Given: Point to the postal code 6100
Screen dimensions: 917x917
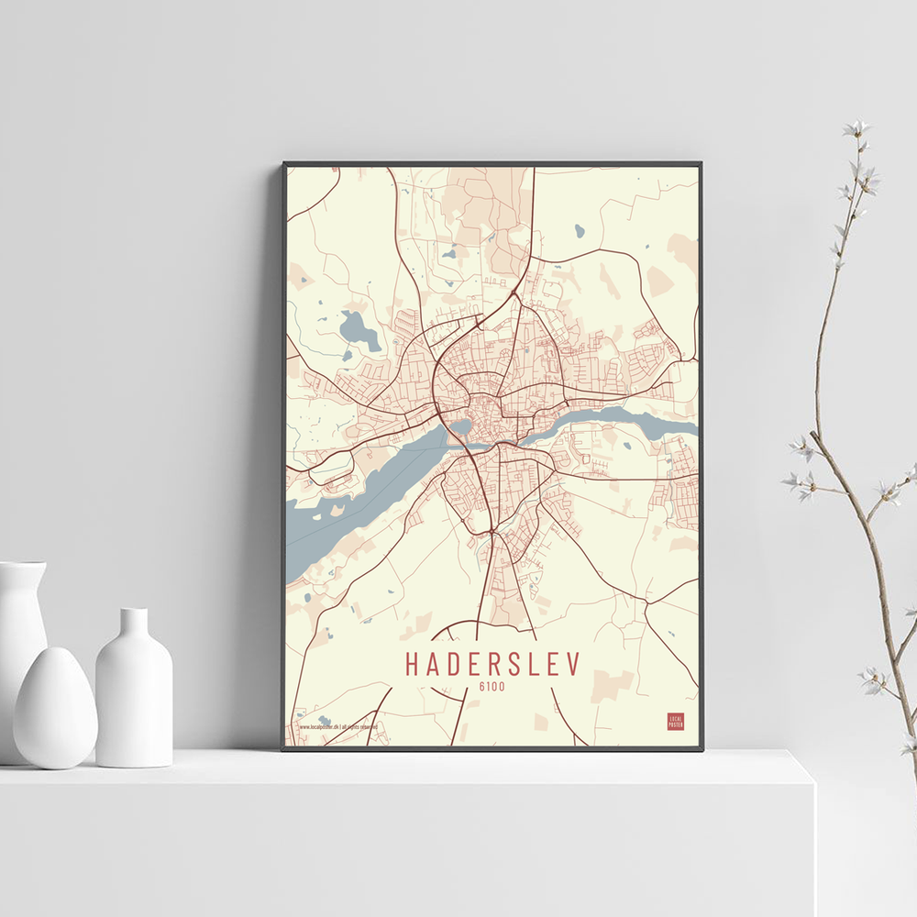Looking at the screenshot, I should coord(492,686).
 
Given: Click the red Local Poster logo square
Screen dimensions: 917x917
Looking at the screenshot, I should coord(676,721).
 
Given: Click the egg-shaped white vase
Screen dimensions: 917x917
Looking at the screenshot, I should coord(55,706).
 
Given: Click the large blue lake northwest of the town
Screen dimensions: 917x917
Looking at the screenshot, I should coord(358,329).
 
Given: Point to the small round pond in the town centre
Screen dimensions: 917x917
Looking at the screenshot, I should coord(460,426).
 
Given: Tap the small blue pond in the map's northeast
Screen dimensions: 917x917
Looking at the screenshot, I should coord(580,231).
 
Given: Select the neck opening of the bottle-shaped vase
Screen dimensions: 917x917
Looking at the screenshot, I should coord(134,613).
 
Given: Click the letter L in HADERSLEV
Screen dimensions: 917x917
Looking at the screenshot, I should coord(537,664).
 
